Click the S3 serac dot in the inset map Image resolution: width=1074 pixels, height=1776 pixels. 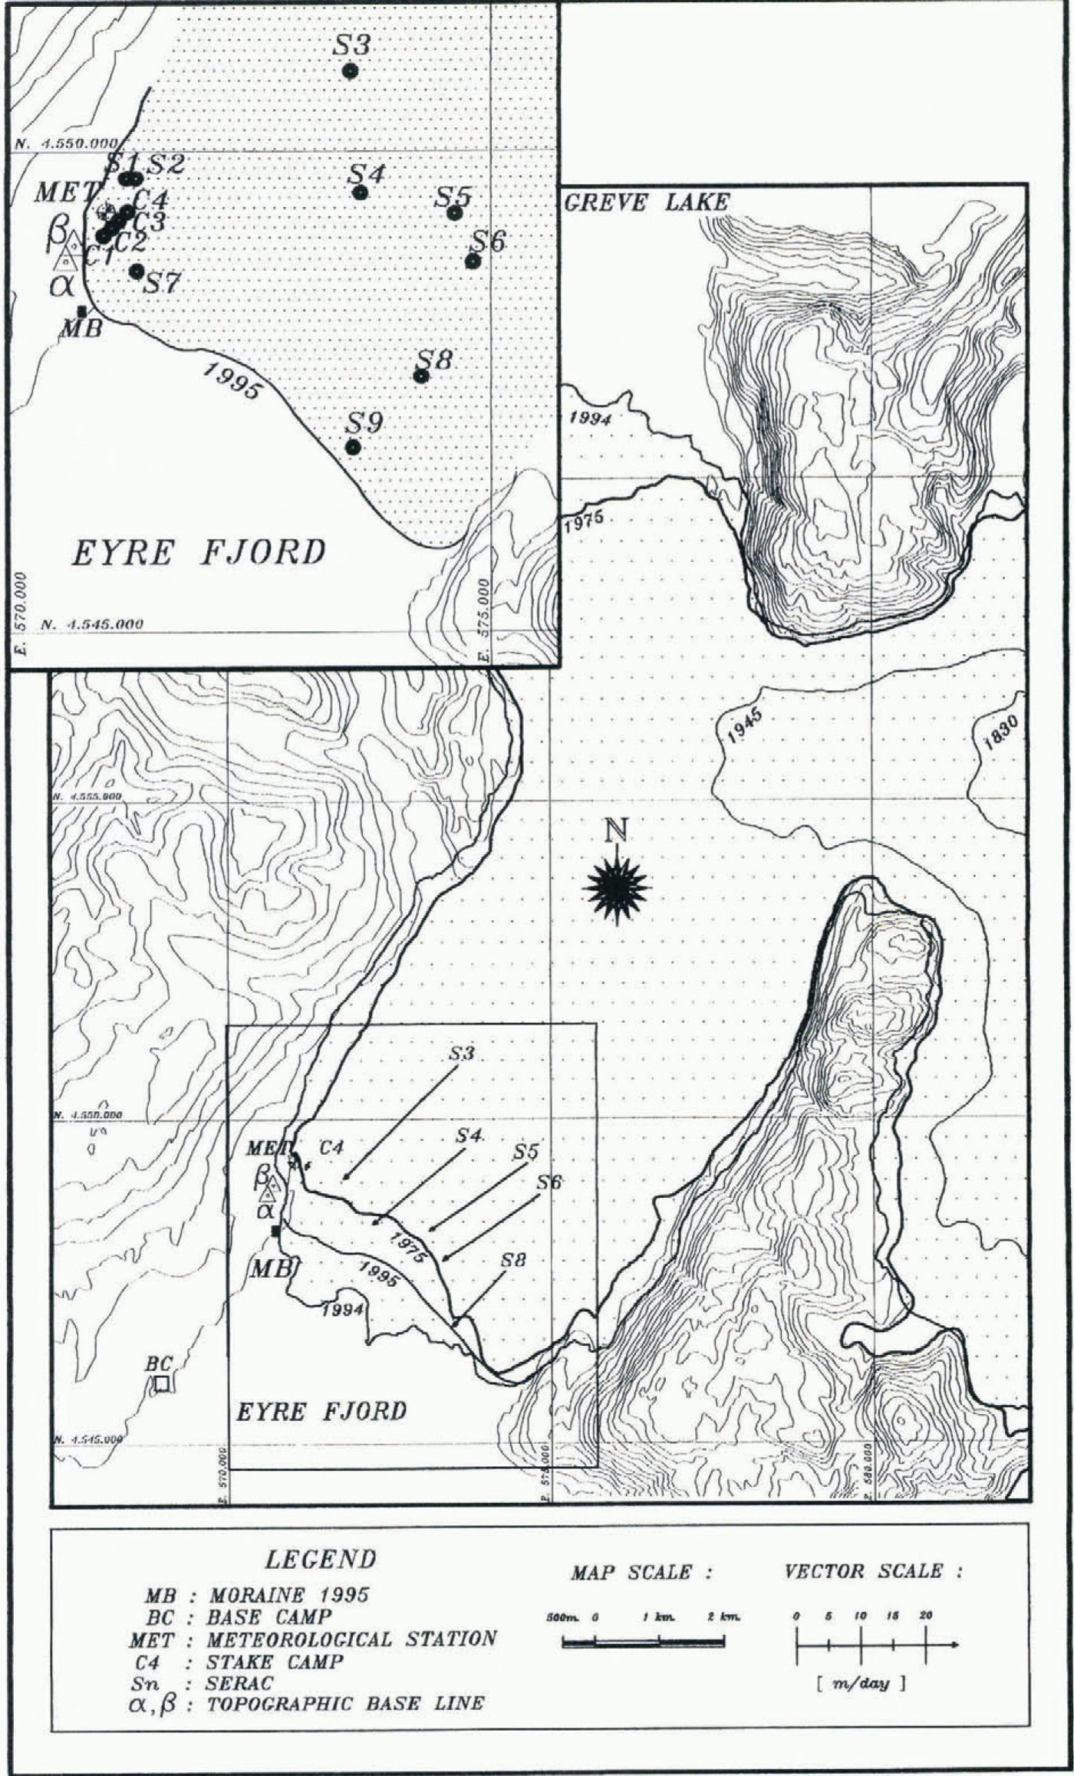tap(350, 71)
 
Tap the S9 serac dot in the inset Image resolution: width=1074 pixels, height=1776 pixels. tap(353, 447)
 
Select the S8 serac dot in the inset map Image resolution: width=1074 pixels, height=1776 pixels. tap(420, 376)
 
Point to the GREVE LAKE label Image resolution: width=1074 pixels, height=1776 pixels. tap(646, 202)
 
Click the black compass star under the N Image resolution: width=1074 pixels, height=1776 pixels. tap(617, 887)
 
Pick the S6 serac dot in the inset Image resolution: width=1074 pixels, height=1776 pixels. tap(473, 261)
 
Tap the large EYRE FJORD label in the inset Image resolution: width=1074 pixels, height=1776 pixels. tap(199, 553)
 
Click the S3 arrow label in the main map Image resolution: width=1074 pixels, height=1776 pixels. tap(461, 1054)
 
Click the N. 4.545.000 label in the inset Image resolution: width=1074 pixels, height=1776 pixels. tap(92, 624)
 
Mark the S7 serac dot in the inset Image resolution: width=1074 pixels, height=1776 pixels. tap(137, 271)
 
